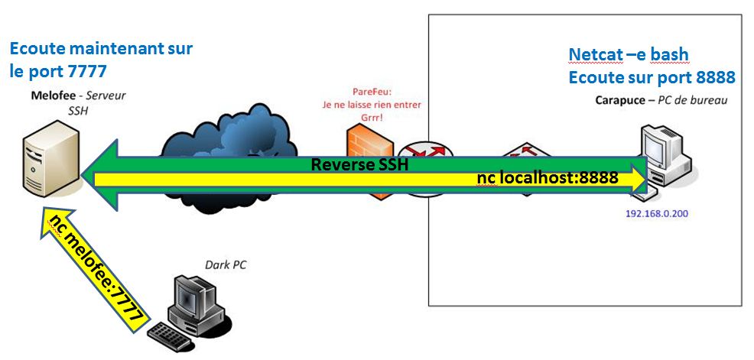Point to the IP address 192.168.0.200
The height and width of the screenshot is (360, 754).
point(657,214)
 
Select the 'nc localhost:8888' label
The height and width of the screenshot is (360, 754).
point(546,179)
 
